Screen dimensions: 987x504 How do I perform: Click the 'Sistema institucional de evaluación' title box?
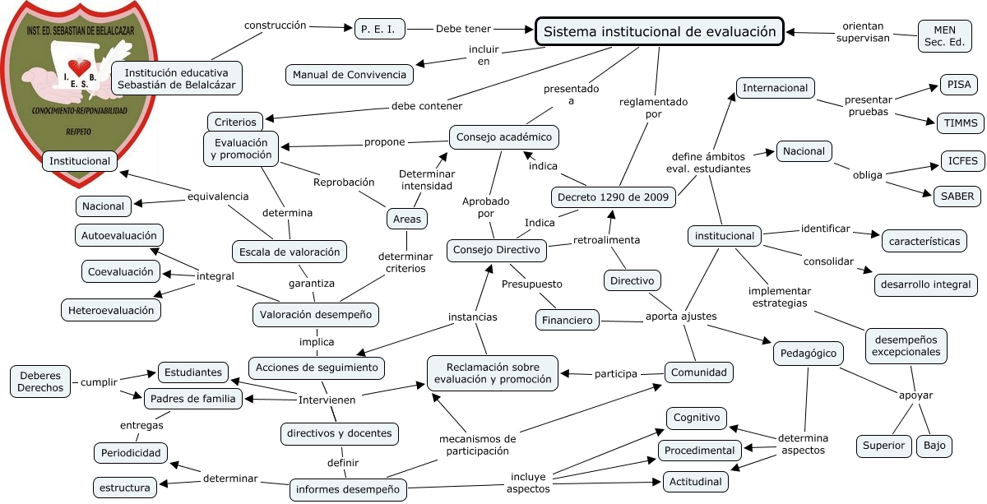(x=659, y=31)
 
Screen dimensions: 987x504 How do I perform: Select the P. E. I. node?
(x=379, y=29)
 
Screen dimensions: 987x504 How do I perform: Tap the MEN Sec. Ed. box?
(x=944, y=36)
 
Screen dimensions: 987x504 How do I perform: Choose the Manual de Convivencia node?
(x=350, y=75)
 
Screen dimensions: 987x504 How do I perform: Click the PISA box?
(x=959, y=84)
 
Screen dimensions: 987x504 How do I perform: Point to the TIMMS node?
(x=960, y=123)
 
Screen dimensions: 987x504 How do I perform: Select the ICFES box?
(x=962, y=161)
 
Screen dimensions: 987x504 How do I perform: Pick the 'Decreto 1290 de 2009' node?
(x=613, y=197)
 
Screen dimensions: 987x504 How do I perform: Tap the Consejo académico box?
(x=503, y=137)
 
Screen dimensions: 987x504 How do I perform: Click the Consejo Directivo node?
(x=497, y=250)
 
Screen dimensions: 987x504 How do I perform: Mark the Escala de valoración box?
(x=290, y=252)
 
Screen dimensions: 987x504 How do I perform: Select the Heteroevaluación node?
(x=111, y=310)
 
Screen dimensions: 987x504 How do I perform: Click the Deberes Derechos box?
(x=40, y=381)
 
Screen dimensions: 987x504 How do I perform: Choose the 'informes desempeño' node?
(x=348, y=489)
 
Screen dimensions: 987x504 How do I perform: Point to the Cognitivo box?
(x=697, y=418)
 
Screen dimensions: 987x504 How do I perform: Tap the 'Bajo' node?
(x=934, y=446)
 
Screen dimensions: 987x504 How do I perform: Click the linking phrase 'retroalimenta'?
(x=606, y=240)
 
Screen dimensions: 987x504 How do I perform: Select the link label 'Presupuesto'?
(x=532, y=284)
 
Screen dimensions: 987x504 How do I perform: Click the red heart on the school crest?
(x=79, y=67)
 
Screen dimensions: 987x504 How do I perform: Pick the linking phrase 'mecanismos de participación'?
(x=478, y=445)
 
